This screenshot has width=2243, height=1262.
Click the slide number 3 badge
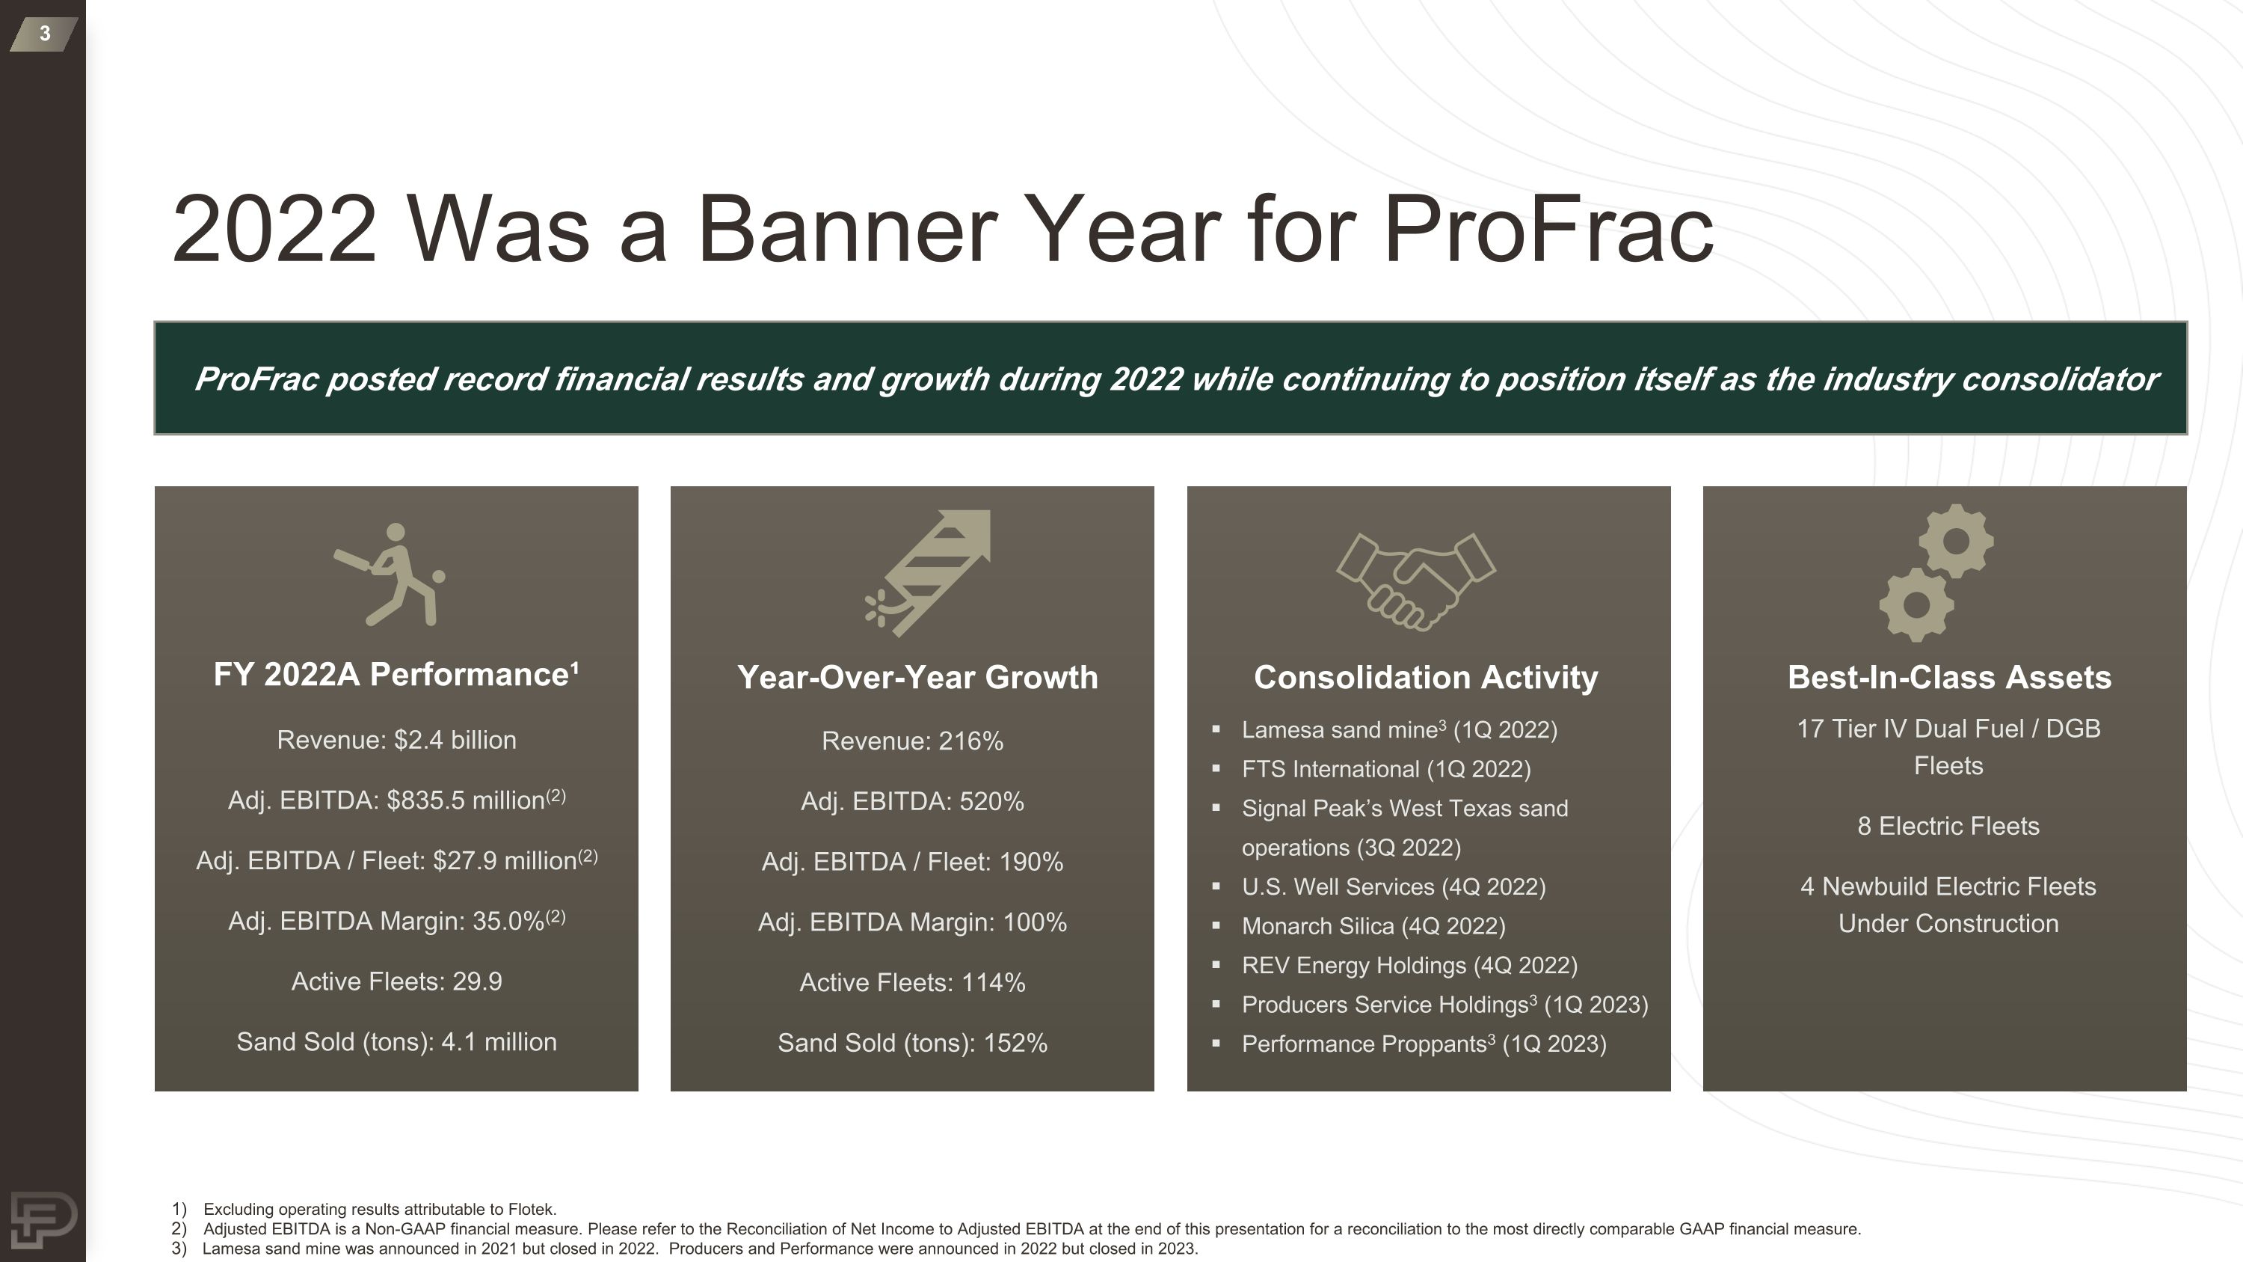click(x=43, y=34)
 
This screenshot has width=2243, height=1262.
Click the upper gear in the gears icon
click(x=1957, y=541)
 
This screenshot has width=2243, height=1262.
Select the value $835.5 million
click(x=466, y=800)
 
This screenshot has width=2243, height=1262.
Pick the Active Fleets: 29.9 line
click(x=396, y=981)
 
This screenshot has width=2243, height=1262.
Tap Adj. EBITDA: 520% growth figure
click(x=911, y=801)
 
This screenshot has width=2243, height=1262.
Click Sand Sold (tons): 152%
click(x=911, y=1043)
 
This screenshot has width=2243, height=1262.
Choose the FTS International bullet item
click(x=1385, y=769)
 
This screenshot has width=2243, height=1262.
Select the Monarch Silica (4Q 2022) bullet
click(x=1373, y=926)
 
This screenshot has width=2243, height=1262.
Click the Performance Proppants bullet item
click(x=1423, y=1044)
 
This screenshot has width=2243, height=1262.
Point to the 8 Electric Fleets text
click(x=1948, y=826)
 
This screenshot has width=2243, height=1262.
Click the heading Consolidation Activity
click(x=1425, y=678)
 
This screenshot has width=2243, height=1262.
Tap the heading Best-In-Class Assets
click(x=1948, y=678)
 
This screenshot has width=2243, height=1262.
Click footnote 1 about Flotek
click(x=379, y=1209)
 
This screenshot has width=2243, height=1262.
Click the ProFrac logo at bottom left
click(x=43, y=1219)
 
